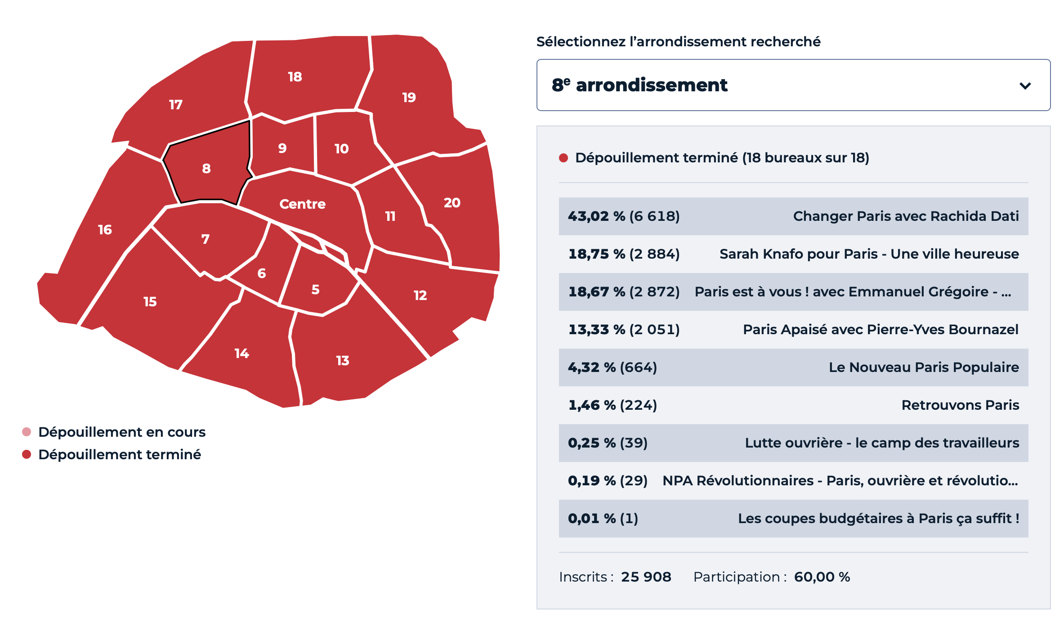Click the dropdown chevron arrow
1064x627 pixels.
[x=1025, y=85]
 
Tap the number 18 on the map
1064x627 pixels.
[x=295, y=77]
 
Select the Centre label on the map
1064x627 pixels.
[x=302, y=204]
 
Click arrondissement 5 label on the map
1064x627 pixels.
[x=316, y=290]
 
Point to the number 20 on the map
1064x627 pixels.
[x=452, y=203]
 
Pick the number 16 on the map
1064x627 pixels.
[x=105, y=230]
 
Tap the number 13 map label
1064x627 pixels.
[x=343, y=361]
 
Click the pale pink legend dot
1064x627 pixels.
[x=27, y=432]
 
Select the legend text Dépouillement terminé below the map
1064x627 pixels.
[x=120, y=455]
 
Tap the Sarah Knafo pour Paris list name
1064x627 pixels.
[x=869, y=254]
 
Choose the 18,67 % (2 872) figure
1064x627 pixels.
[x=624, y=292]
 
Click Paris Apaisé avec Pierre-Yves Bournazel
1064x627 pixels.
[x=880, y=330]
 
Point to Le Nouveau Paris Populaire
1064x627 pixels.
[x=924, y=367]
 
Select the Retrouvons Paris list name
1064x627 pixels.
[x=960, y=405]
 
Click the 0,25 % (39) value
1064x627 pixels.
[x=608, y=443]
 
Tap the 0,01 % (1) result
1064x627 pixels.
[x=603, y=519]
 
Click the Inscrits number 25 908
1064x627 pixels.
[x=646, y=577]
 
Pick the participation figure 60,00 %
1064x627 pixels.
[x=822, y=577]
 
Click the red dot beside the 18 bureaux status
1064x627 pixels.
[x=563, y=158]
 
